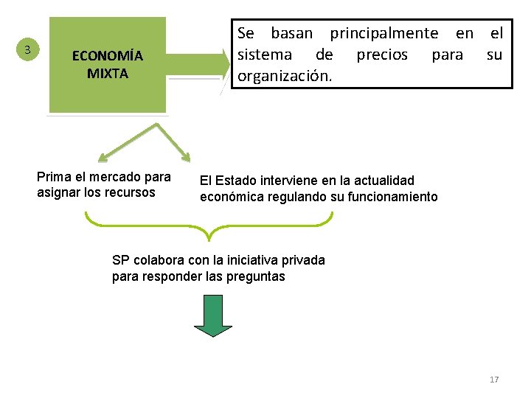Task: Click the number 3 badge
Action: (x=27, y=50)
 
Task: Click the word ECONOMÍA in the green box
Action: (x=107, y=56)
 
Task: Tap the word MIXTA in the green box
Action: (x=108, y=73)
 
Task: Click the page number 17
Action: (x=494, y=380)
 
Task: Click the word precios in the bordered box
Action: (x=382, y=55)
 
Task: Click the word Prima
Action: (x=52, y=177)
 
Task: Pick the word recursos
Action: (x=131, y=193)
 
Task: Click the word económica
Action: (x=228, y=197)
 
